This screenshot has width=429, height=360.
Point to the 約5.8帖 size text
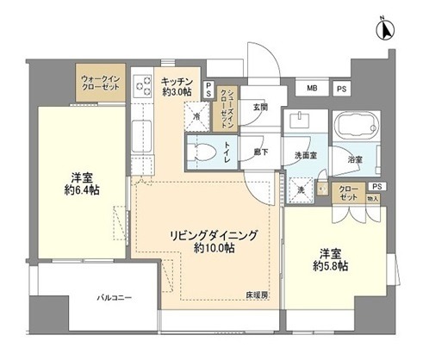click(x=332, y=266)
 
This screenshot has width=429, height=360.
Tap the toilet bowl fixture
click(x=204, y=152)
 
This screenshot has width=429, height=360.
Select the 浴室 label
click(x=356, y=159)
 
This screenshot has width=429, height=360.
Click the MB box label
click(x=311, y=88)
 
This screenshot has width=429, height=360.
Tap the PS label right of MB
click(x=342, y=88)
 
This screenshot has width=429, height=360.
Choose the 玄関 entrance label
click(x=260, y=107)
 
